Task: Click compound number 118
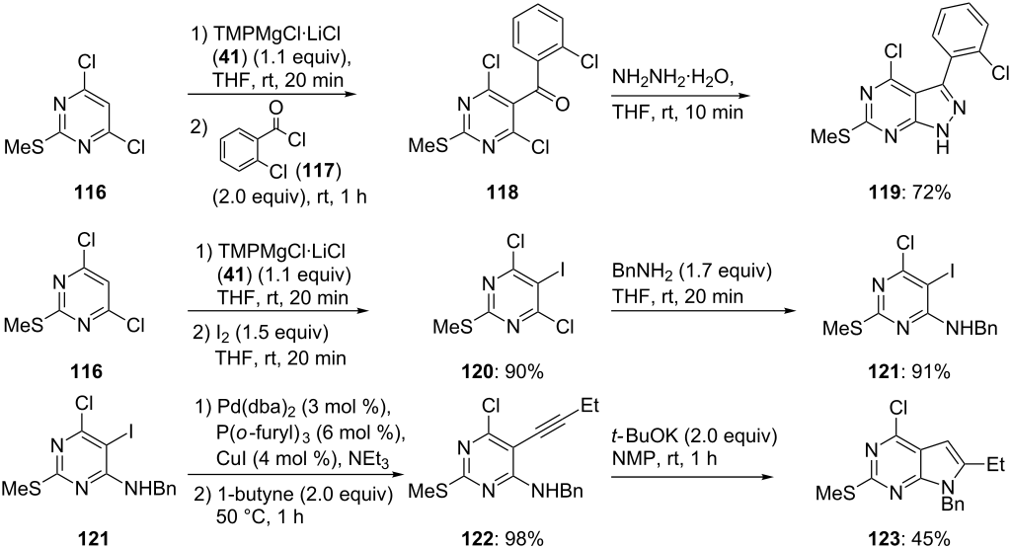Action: (x=504, y=193)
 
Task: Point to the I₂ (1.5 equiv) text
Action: (x=261, y=334)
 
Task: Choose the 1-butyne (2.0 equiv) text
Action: (x=292, y=494)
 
